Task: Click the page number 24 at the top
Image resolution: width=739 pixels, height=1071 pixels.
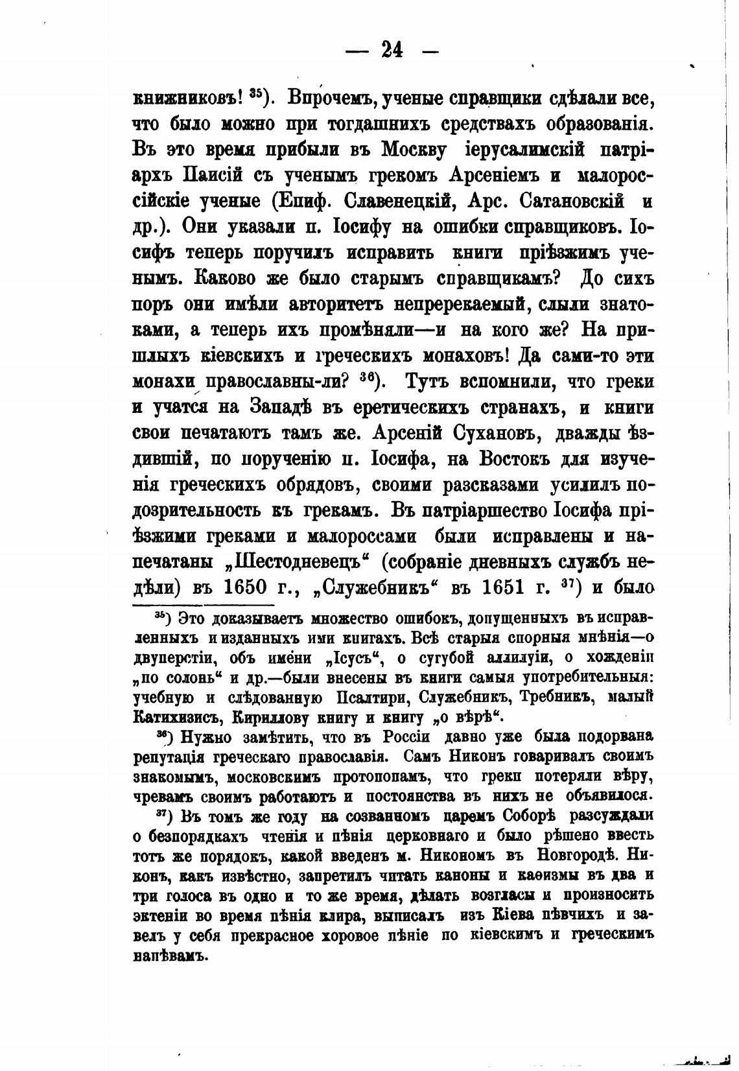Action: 393,50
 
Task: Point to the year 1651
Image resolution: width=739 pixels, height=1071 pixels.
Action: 514,586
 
